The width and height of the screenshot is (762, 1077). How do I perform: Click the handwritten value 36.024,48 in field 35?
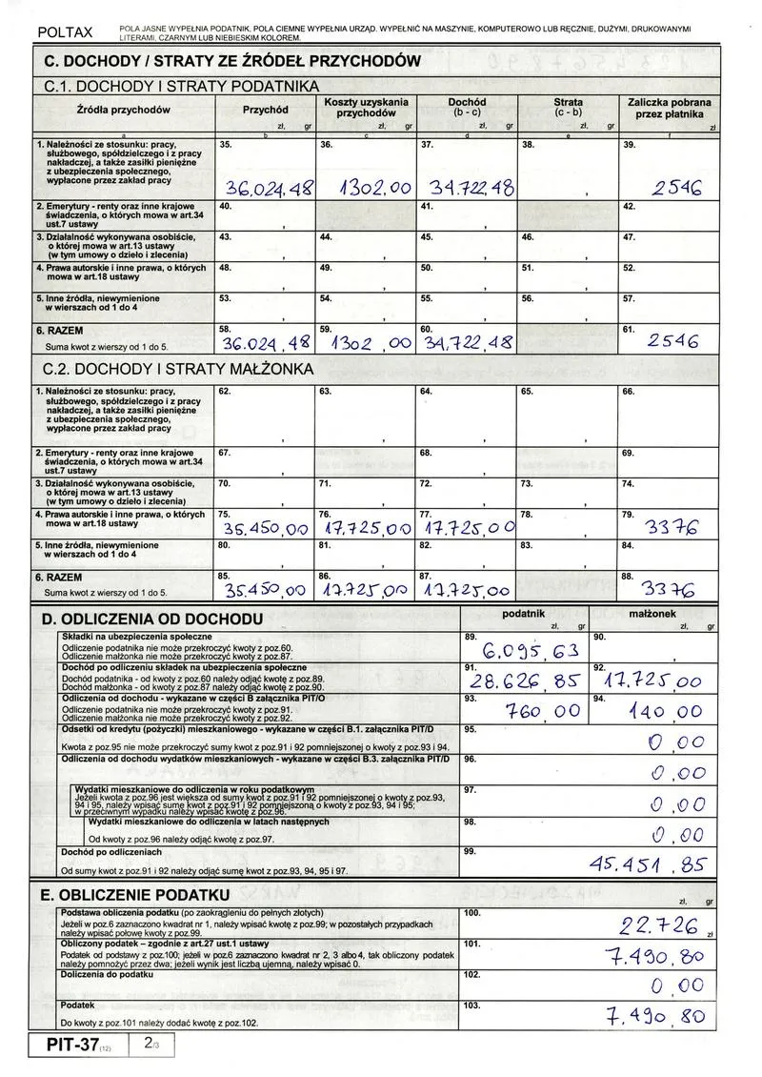tap(268, 189)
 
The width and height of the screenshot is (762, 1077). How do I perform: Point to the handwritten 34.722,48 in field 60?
tap(466, 342)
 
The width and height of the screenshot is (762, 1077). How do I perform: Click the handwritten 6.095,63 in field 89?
tap(531, 652)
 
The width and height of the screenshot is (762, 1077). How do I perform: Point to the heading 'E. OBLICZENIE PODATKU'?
tap(135, 896)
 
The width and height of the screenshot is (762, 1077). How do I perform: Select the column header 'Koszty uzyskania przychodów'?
tap(367, 108)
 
